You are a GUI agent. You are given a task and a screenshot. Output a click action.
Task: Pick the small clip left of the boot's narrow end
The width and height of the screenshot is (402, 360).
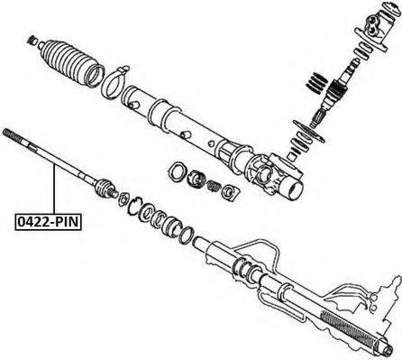pyautogui.click(x=32, y=38)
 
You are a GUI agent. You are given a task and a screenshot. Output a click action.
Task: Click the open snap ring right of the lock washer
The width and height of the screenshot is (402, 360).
pyautogui.click(x=138, y=208)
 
